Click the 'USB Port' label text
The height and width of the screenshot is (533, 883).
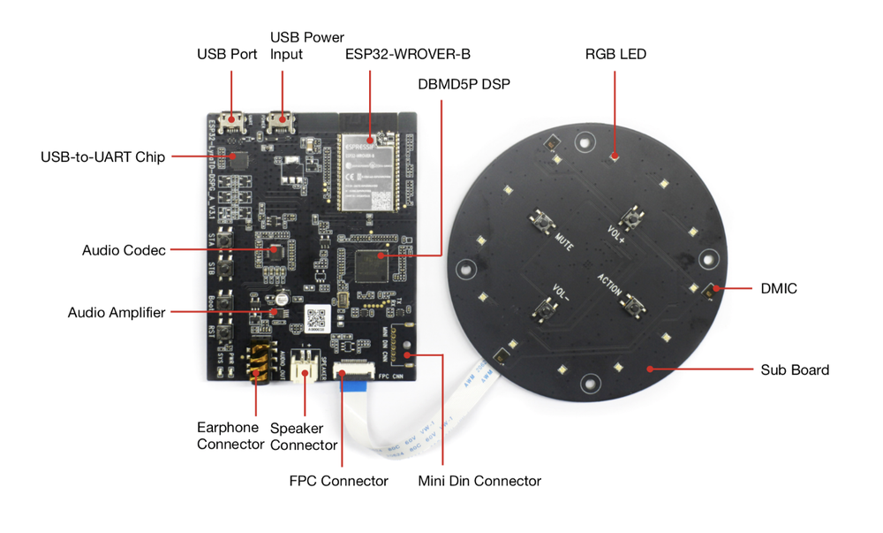point(227,54)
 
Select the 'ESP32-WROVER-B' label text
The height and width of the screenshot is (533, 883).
point(407,54)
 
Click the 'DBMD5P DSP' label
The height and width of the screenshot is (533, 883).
point(464,84)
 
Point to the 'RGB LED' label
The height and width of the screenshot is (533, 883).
point(615,54)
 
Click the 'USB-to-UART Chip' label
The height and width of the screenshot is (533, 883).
point(102,157)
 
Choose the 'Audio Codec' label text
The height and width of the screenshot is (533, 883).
point(124,250)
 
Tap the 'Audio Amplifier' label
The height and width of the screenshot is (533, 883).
point(117,313)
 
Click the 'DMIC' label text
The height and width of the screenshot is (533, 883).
point(779,288)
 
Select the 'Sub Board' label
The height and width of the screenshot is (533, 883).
point(795,369)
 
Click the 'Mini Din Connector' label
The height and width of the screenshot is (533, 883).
point(479,481)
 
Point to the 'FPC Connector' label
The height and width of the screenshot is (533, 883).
point(338,481)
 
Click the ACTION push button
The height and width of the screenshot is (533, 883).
point(630,305)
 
